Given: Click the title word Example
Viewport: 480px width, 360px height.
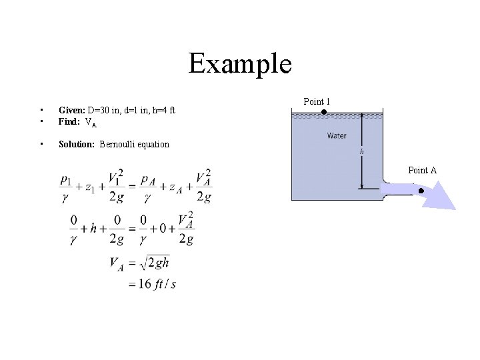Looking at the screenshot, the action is click(240, 64).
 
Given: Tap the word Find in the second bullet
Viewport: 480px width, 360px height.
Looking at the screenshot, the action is click(69, 122).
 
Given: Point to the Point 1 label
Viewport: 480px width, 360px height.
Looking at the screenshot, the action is click(317, 102).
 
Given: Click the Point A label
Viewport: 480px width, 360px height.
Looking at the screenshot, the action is click(422, 171).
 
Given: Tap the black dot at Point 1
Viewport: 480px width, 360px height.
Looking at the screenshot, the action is click(324, 112).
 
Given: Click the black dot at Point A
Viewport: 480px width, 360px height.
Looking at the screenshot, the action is click(421, 191).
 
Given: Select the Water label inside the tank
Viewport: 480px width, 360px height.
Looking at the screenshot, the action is click(337, 136).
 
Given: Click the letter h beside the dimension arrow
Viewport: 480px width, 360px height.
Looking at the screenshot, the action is click(362, 152).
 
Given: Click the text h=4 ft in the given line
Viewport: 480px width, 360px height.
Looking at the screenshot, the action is click(163, 110).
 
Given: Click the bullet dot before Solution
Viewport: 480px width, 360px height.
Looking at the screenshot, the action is click(41, 144).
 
